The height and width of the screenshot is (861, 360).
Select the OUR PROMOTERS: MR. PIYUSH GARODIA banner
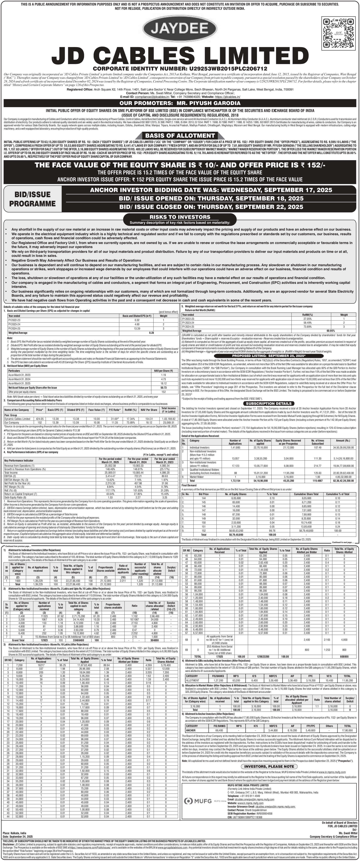pyautogui.click(x=180, y=103)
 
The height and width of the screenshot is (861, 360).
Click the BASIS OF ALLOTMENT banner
pyautogui.click(x=180, y=135)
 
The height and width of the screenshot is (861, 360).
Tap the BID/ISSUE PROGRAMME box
pyautogui.click(x=32, y=199)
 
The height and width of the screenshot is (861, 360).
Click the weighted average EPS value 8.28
pyautogui.click(x=151, y=333)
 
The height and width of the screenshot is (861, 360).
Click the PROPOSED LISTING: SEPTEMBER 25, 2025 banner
pyautogui.click(x=269, y=356)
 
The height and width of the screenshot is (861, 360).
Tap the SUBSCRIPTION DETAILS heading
pyautogui.click(x=269, y=404)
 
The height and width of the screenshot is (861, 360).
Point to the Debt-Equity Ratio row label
pyautogui.click(x=16, y=497)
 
